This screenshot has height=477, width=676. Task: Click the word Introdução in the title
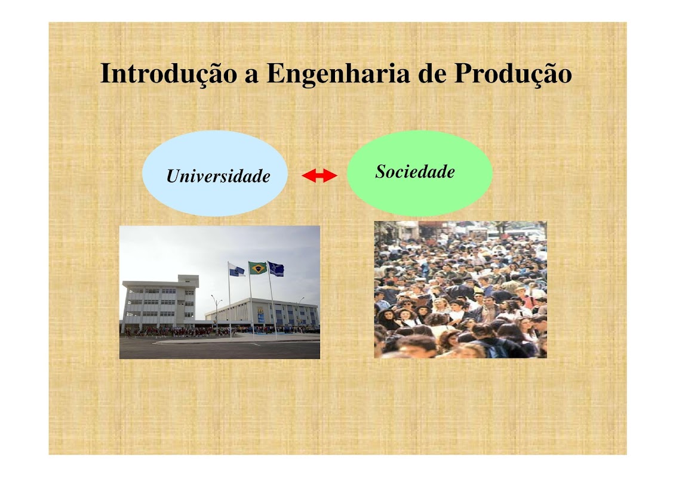click(x=168, y=74)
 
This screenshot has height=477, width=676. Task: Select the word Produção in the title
click(x=513, y=74)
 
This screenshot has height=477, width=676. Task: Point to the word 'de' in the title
click(x=432, y=74)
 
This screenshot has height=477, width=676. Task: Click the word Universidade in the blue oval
click(x=218, y=176)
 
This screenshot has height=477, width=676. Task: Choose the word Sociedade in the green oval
click(x=415, y=171)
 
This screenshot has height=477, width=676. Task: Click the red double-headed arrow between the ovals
click(x=319, y=176)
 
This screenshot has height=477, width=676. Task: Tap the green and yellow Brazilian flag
click(x=258, y=268)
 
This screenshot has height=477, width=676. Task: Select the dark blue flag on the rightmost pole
click(x=276, y=269)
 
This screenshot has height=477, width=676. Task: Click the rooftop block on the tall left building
click(x=188, y=281)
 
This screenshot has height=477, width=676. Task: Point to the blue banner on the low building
click(x=261, y=318)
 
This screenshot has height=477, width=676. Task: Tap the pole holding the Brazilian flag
click(x=251, y=301)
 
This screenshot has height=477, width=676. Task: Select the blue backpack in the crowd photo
click(x=496, y=349)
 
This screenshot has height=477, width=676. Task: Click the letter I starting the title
click(x=106, y=73)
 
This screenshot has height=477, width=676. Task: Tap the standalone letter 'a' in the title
click(x=252, y=77)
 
